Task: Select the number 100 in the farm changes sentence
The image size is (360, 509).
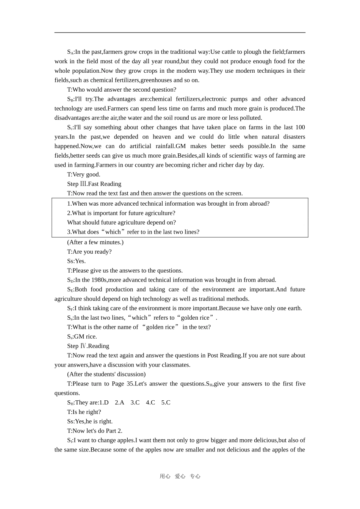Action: click(300, 127)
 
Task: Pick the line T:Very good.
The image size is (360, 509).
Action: click(84, 175)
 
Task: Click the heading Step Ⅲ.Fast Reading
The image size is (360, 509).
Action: click(94, 184)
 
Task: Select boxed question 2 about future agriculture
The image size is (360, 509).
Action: click(121, 213)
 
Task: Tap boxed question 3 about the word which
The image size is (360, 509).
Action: click(133, 232)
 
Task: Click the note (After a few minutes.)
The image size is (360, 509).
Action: click(95, 242)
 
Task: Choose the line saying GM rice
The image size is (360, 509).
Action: click(82, 337)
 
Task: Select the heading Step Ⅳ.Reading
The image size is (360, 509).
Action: click(88, 346)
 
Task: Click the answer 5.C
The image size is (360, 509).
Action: click(166, 403)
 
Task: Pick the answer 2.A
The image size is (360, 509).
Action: click(119, 403)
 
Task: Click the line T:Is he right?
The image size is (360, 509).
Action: click(84, 412)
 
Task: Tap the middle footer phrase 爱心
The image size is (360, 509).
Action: click(180, 476)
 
